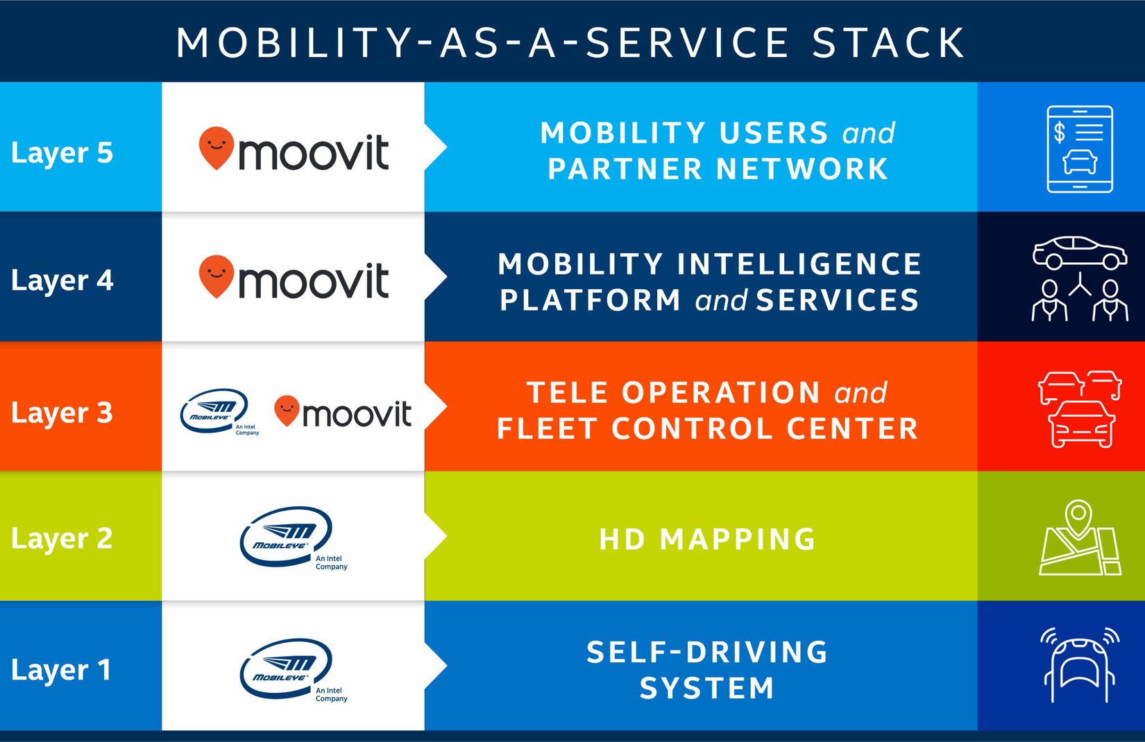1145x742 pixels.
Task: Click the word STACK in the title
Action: [888, 42]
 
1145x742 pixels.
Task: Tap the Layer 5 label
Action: [62, 153]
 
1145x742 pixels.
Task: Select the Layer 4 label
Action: [62, 280]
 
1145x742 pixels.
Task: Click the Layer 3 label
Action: [62, 413]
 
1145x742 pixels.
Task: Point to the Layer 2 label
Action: [62, 539]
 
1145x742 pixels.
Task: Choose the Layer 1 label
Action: [61, 670]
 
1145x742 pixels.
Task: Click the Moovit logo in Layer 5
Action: [294, 149]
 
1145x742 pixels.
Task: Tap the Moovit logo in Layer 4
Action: [294, 277]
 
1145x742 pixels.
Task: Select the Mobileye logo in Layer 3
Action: [220, 412]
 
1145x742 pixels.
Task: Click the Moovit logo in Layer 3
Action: [343, 411]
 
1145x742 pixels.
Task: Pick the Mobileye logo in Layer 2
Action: [294, 537]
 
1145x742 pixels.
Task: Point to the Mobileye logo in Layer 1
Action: [294, 669]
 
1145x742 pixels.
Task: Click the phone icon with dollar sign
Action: [1080, 149]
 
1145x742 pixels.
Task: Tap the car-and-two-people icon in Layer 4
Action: [1080, 279]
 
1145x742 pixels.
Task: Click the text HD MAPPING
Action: [707, 540]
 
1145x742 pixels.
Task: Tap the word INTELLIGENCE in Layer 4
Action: [799, 264]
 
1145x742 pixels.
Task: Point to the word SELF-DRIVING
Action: [707, 652]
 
